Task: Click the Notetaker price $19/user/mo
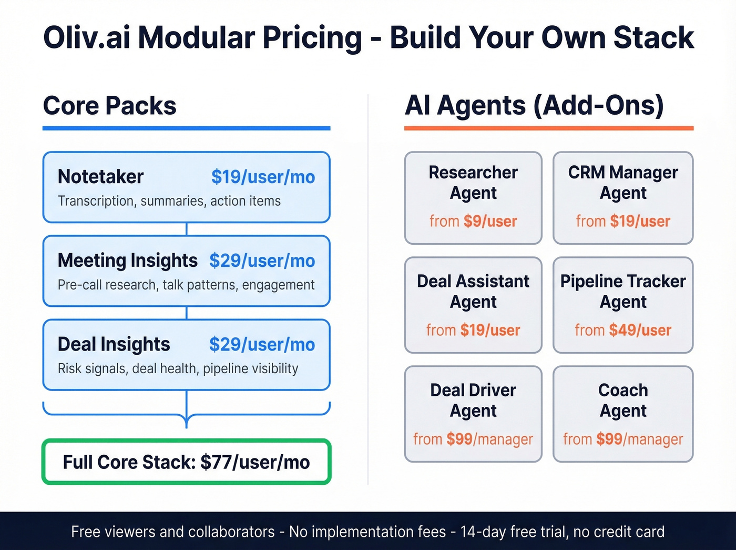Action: pos(263,177)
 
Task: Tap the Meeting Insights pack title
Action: pos(127,261)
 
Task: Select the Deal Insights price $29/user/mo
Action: pos(262,345)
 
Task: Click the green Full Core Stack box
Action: pos(186,462)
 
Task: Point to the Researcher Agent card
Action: pos(473,198)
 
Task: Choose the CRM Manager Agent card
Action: pos(623,198)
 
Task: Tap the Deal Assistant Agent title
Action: pos(473,291)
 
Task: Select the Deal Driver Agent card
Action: pos(473,414)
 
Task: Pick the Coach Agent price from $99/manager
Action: pos(623,439)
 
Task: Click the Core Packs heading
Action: pos(109,106)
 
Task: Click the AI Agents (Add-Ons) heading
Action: pos(534,105)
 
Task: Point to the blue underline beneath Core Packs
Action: pos(186,128)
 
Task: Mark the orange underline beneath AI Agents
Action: pos(548,128)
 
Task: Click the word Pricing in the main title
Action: pos(312,38)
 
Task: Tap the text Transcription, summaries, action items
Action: pos(169,201)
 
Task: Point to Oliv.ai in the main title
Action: pos(86,38)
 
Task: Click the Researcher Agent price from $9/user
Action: pos(473,222)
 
